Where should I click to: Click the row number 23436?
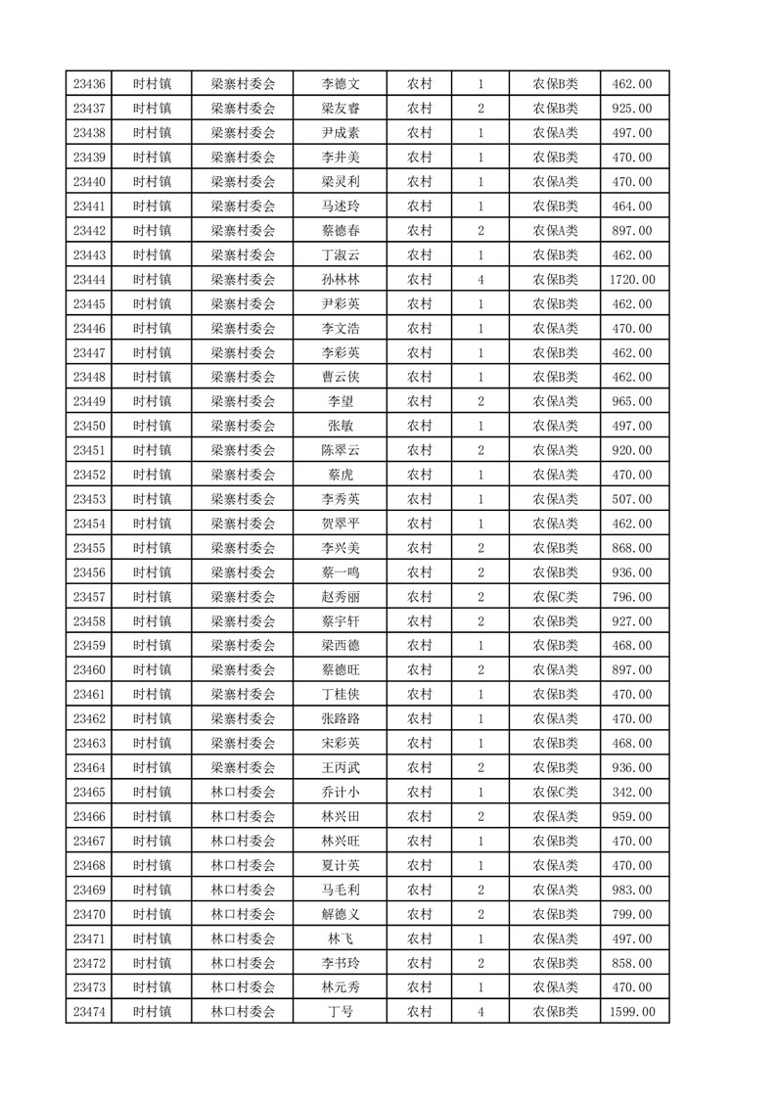pos(88,84)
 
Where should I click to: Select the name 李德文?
pos(341,84)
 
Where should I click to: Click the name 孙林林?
pos(341,280)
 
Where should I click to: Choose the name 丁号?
pos(341,1012)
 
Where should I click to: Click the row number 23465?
pos(88,792)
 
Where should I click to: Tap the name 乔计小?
pos(341,792)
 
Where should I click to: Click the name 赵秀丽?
pos(341,597)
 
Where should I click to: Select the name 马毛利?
pos(341,890)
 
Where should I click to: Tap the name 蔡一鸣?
pos(341,572)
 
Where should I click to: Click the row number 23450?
pos(88,426)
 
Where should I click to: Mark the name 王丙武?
pos(341,767)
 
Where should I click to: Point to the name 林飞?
pos(341,938)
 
